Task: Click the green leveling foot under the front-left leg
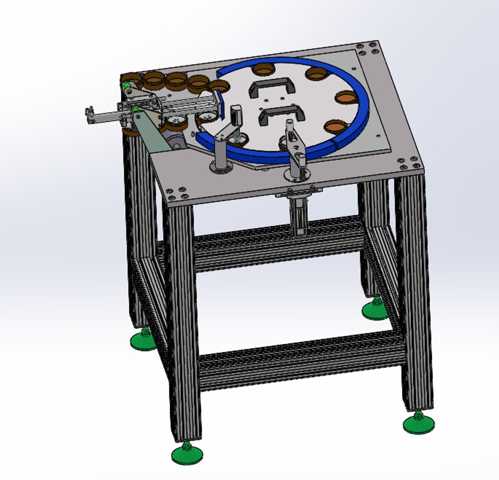point(187,454)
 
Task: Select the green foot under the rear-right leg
point(376,310)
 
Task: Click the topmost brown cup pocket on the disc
point(263,69)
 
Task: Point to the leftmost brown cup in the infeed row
point(131,80)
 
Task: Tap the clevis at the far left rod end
point(91,115)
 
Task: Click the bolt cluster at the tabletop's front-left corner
point(176,192)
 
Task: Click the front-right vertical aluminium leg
point(415,289)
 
